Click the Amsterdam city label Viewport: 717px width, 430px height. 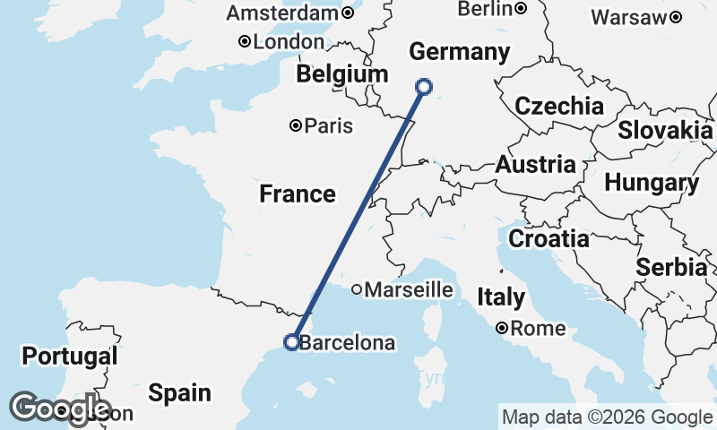coord(282,13)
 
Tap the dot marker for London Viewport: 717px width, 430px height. coord(244,41)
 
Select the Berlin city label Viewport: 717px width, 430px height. coord(485,9)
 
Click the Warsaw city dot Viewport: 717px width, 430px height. coord(675,16)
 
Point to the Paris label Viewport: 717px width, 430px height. coord(328,126)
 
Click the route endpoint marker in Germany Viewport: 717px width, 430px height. coord(424,87)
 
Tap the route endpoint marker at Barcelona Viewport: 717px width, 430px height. coord(291,341)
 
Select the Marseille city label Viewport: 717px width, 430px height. coord(408,289)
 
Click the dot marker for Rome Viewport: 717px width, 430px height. coord(503,328)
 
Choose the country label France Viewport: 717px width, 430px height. coord(298,193)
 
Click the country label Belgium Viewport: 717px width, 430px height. coord(342,74)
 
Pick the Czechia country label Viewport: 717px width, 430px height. coord(559,106)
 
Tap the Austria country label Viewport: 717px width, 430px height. coord(535,165)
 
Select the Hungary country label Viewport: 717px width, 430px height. coord(652,183)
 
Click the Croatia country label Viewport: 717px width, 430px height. coord(549,239)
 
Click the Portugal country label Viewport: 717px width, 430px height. coord(70,357)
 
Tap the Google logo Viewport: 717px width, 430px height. coord(59,408)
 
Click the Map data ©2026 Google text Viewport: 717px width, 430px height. coord(607,417)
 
